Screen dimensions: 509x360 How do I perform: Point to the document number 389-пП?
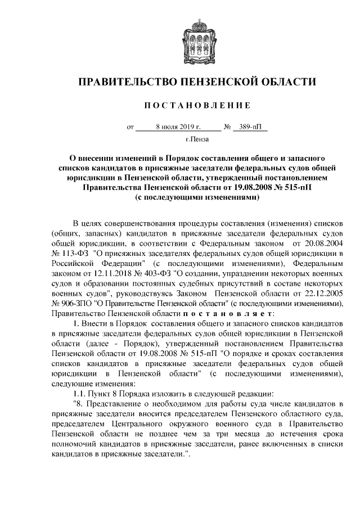click(x=250, y=127)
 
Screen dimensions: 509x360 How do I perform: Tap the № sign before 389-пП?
click(x=228, y=127)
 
